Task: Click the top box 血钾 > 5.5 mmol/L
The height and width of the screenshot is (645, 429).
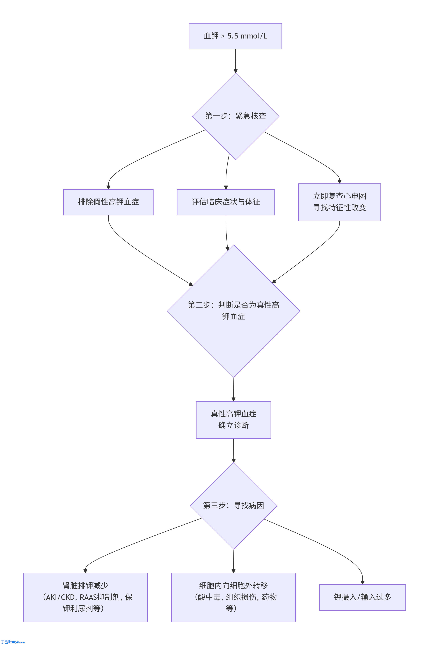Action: [235, 36]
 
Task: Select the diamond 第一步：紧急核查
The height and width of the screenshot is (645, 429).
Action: [235, 116]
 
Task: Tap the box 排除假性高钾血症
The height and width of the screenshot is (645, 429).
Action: [108, 202]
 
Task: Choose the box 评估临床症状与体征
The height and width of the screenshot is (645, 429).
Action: [226, 202]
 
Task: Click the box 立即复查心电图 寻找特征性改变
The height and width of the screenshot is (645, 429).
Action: [339, 202]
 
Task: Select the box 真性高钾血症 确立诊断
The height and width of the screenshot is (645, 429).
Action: [233, 420]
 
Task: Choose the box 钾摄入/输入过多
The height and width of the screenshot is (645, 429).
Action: [362, 597]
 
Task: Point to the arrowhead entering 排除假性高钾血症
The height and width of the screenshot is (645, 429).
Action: [108, 187]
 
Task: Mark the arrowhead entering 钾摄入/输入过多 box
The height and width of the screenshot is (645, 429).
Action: [362, 582]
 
